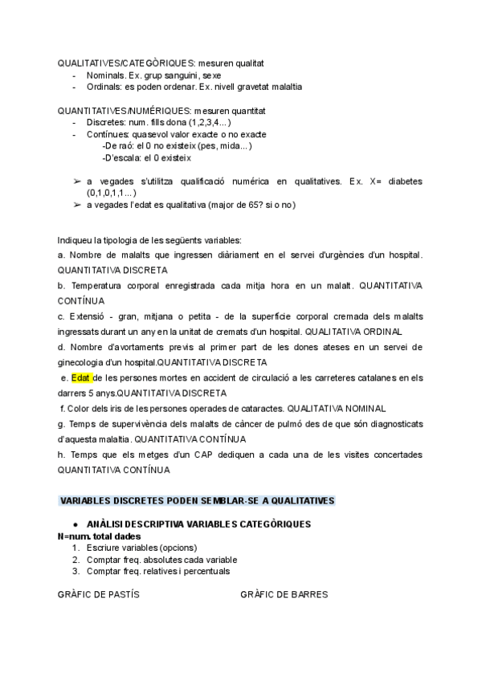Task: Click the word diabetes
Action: pos(403,181)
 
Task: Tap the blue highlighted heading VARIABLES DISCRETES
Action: pos(197,500)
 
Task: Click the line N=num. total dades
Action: pos(100,536)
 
